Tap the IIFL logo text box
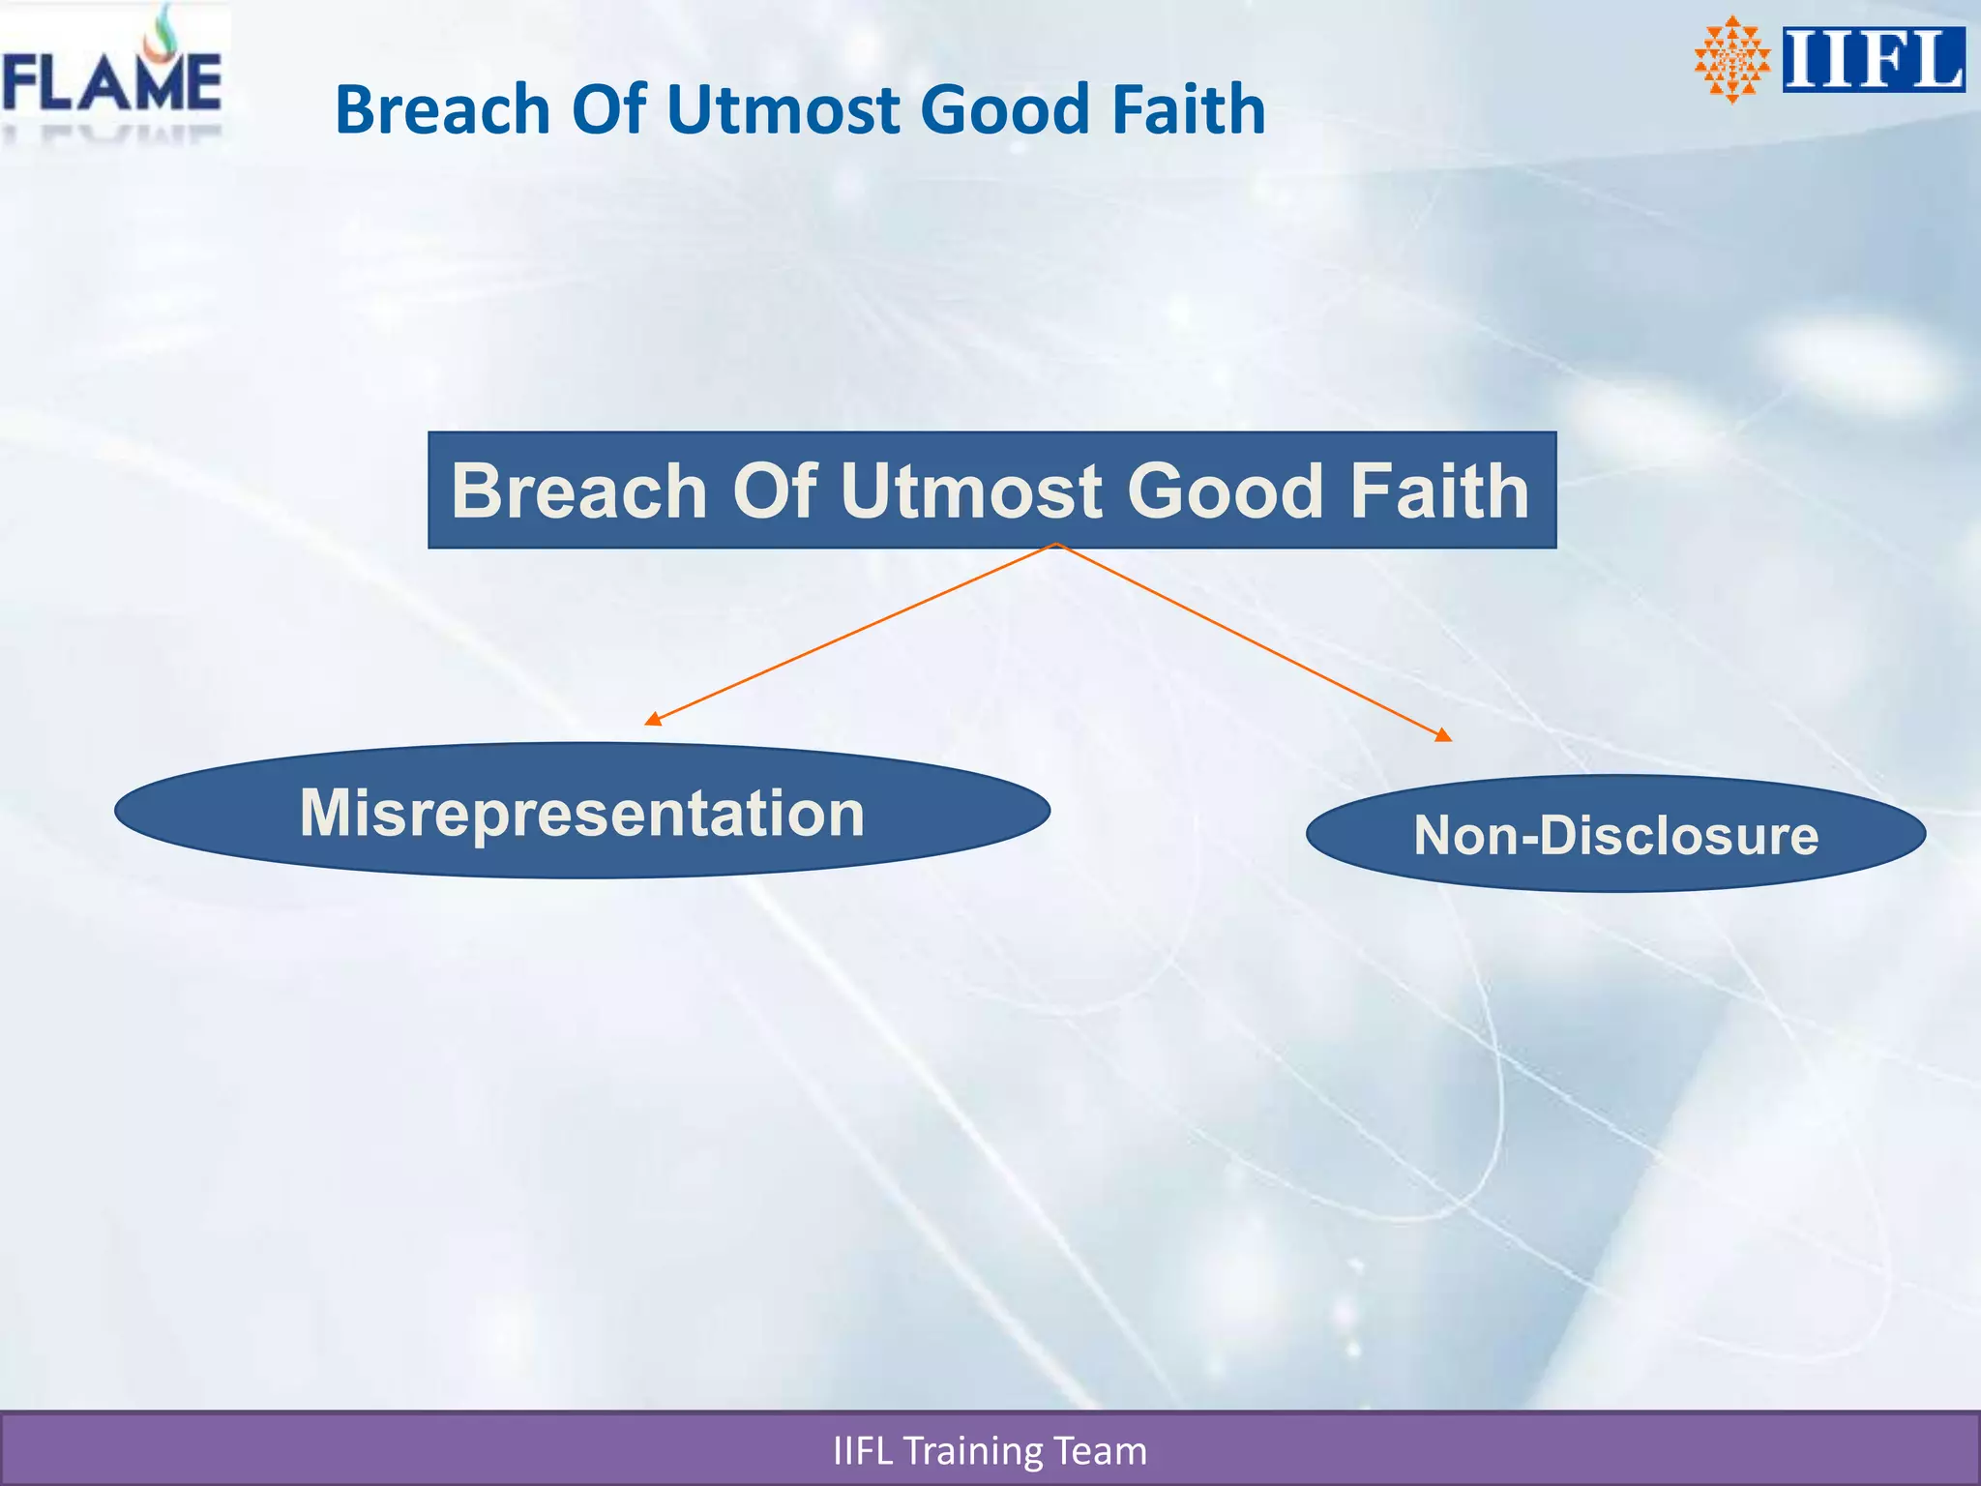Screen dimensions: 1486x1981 [1873, 60]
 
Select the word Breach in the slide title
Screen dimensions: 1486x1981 [441, 109]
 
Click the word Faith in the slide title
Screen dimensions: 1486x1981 [1188, 109]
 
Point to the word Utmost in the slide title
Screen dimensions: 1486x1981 [783, 109]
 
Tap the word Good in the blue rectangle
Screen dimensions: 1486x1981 [1225, 491]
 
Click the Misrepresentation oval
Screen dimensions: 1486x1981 [581, 811]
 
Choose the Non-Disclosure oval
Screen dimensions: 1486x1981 [1615, 834]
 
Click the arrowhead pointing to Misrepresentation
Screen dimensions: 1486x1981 [653, 719]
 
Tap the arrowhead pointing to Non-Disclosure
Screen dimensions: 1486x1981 [1443, 735]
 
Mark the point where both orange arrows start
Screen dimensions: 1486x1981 [1057, 545]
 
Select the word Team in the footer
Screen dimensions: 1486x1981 [1101, 1451]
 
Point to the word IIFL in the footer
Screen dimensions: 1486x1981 [862, 1451]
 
